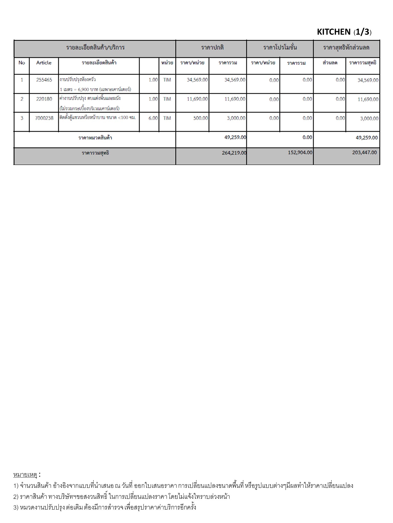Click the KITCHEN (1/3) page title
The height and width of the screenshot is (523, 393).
(x=344, y=32)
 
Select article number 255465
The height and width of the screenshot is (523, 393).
(x=44, y=80)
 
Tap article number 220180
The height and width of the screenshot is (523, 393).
(x=44, y=99)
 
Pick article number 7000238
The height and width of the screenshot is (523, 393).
(x=44, y=118)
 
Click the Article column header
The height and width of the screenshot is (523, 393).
(x=44, y=63)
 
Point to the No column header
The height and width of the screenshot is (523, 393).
(x=22, y=63)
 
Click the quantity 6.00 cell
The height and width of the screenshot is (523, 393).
(x=153, y=118)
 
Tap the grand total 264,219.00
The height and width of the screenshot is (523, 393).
(x=234, y=153)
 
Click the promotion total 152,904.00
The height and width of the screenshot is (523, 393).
(x=300, y=152)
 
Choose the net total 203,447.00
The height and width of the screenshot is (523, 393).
(x=364, y=152)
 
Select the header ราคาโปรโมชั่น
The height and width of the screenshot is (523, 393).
(x=280, y=48)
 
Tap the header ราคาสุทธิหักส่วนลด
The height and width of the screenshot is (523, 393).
(x=346, y=48)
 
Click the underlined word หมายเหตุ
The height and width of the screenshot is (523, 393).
(x=25, y=475)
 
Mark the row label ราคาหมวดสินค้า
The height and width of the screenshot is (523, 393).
(x=95, y=138)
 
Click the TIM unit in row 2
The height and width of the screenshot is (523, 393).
(x=167, y=99)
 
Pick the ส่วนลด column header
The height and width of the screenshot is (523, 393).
(x=330, y=63)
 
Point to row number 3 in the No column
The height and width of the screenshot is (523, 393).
(x=22, y=118)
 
